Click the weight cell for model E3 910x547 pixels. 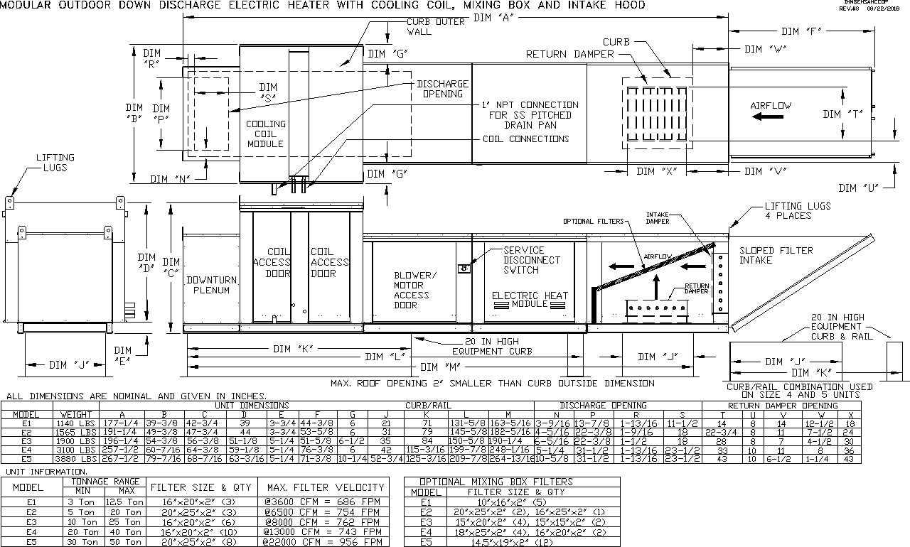[x=75, y=440]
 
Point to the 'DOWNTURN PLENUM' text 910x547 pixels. [x=212, y=285]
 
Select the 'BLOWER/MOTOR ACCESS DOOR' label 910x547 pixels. [x=412, y=290]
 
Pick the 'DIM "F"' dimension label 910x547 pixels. [x=801, y=31]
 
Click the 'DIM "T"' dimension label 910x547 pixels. [x=843, y=114]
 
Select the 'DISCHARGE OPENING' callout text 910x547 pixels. [x=442, y=89]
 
